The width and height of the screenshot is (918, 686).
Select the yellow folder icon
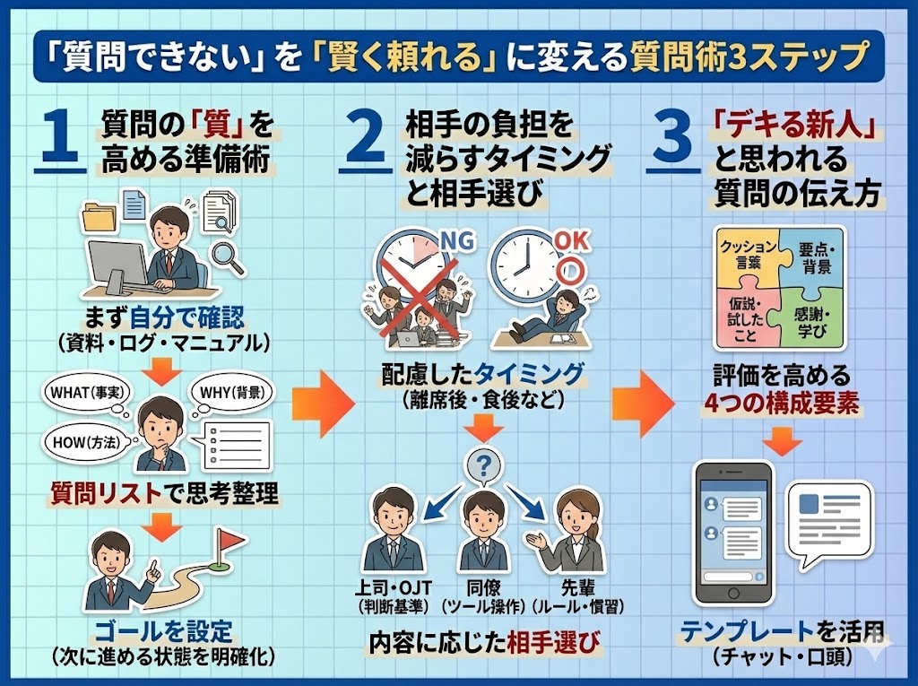[100, 218]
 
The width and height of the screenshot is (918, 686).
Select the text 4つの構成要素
[780, 404]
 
